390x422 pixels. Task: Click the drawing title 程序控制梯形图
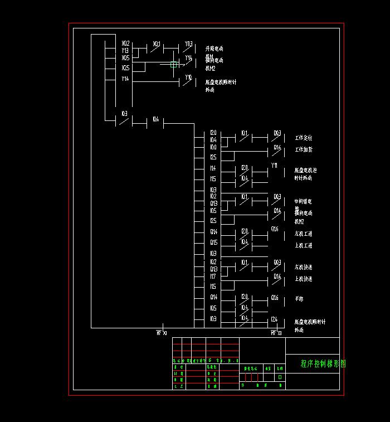click(x=323, y=363)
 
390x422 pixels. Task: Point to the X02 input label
click(x=125, y=43)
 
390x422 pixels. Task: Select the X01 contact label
click(x=157, y=43)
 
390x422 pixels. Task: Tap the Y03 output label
click(x=188, y=43)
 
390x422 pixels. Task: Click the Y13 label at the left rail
click(x=125, y=50)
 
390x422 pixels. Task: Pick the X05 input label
click(x=125, y=58)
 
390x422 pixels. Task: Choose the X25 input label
click(x=125, y=68)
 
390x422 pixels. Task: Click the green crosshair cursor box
click(x=174, y=65)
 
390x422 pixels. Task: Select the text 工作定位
click(x=304, y=138)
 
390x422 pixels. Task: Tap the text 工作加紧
click(x=304, y=149)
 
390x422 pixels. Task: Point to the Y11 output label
click(x=274, y=166)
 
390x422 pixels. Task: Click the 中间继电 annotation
click(x=304, y=201)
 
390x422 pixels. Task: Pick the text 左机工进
click(x=304, y=234)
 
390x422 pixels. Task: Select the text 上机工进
click(x=304, y=245)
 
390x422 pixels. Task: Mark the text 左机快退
click(x=304, y=267)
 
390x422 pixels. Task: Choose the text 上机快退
click(x=304, y=279)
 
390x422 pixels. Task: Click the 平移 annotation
click(x=299, y=299)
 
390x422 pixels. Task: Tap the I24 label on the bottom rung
click(x=274, y=319)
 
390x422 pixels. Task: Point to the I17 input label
click(x=213, y=277)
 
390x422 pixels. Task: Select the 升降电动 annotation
click(x=214, y=49)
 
